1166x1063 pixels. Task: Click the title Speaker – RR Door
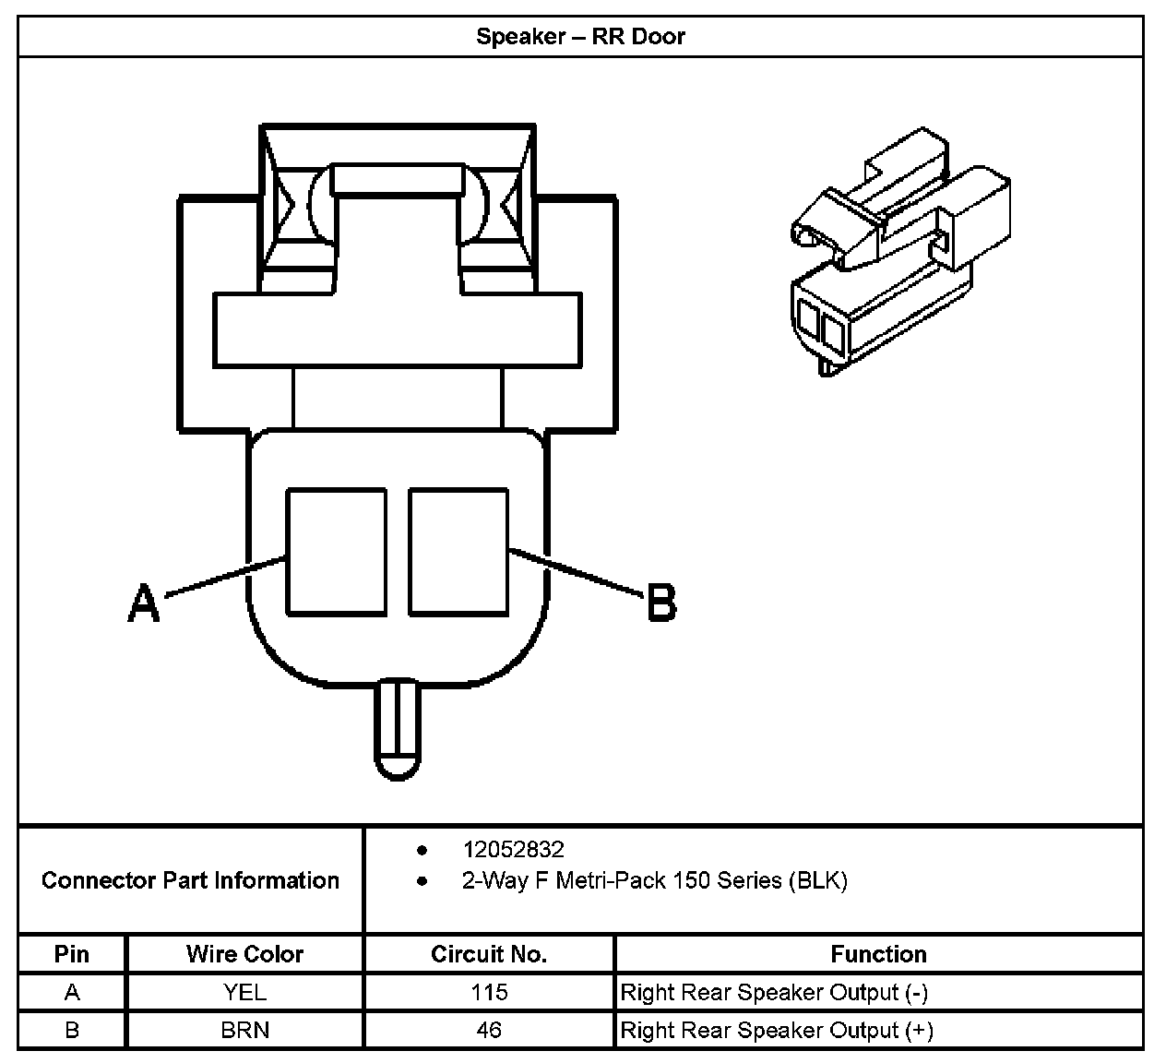pyautogui.click(x=580, y=37)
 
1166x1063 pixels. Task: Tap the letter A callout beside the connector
pyautogui.click(x=143, y=603)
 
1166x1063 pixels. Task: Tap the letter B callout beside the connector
pyautogui.click(x=661, y=603)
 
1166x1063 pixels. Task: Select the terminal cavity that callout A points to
pyautogui.click(x=336, y=552)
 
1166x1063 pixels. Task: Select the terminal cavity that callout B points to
pyautogui.click(x=458, y=552)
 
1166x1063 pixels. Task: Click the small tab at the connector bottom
pyautogui.click(x=397, y=729)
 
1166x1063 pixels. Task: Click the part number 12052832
pyautogui.click(x=513, y=849)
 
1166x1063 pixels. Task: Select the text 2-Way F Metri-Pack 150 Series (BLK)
pyautogui.click(x=654, y=880)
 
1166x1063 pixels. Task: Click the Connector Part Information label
pyautogui.click(x=190, y=880)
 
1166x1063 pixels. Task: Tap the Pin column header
pyautogui.click(x=72, y=954)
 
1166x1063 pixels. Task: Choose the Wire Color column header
pyautogui.click(x=244, y=954)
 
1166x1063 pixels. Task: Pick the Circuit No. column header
pyautogui.click(x=489, y=954)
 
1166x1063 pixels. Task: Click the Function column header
pyautogui.click(x=878, y=954)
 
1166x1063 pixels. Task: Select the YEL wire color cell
pyautogui.click(x=244, y=993)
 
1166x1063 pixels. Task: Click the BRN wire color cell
pyautogui.click(x=244, y=1030)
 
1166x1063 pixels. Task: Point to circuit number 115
pyautogui.click(x=489, y=993)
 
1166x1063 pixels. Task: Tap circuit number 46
pyautogui.click(x=489, y=1030)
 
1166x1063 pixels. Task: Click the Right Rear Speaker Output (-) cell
pyautogui.click(x=774, y=993)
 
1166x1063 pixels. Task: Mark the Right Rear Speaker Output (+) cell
pyautogui.click(x=777, y=1030)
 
